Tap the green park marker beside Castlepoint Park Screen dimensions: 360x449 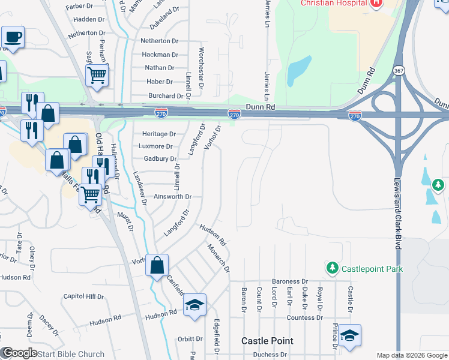click(331, 268)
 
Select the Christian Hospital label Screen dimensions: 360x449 click(334, 3)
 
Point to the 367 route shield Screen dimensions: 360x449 click(399, 71)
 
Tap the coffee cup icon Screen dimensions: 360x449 click(13, 38)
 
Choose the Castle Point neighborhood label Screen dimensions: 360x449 click(267, 341)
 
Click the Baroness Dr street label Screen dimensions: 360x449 click(289, 281)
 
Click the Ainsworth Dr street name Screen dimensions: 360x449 click(172, 196)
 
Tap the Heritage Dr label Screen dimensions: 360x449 click(158, 134)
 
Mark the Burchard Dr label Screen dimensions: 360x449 click(165, 95)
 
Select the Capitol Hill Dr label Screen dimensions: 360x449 click(84, 296)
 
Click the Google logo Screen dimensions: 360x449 click(19, 353)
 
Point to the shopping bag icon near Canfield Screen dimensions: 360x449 click(157, 265)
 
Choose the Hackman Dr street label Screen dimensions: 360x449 click(160, 55)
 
